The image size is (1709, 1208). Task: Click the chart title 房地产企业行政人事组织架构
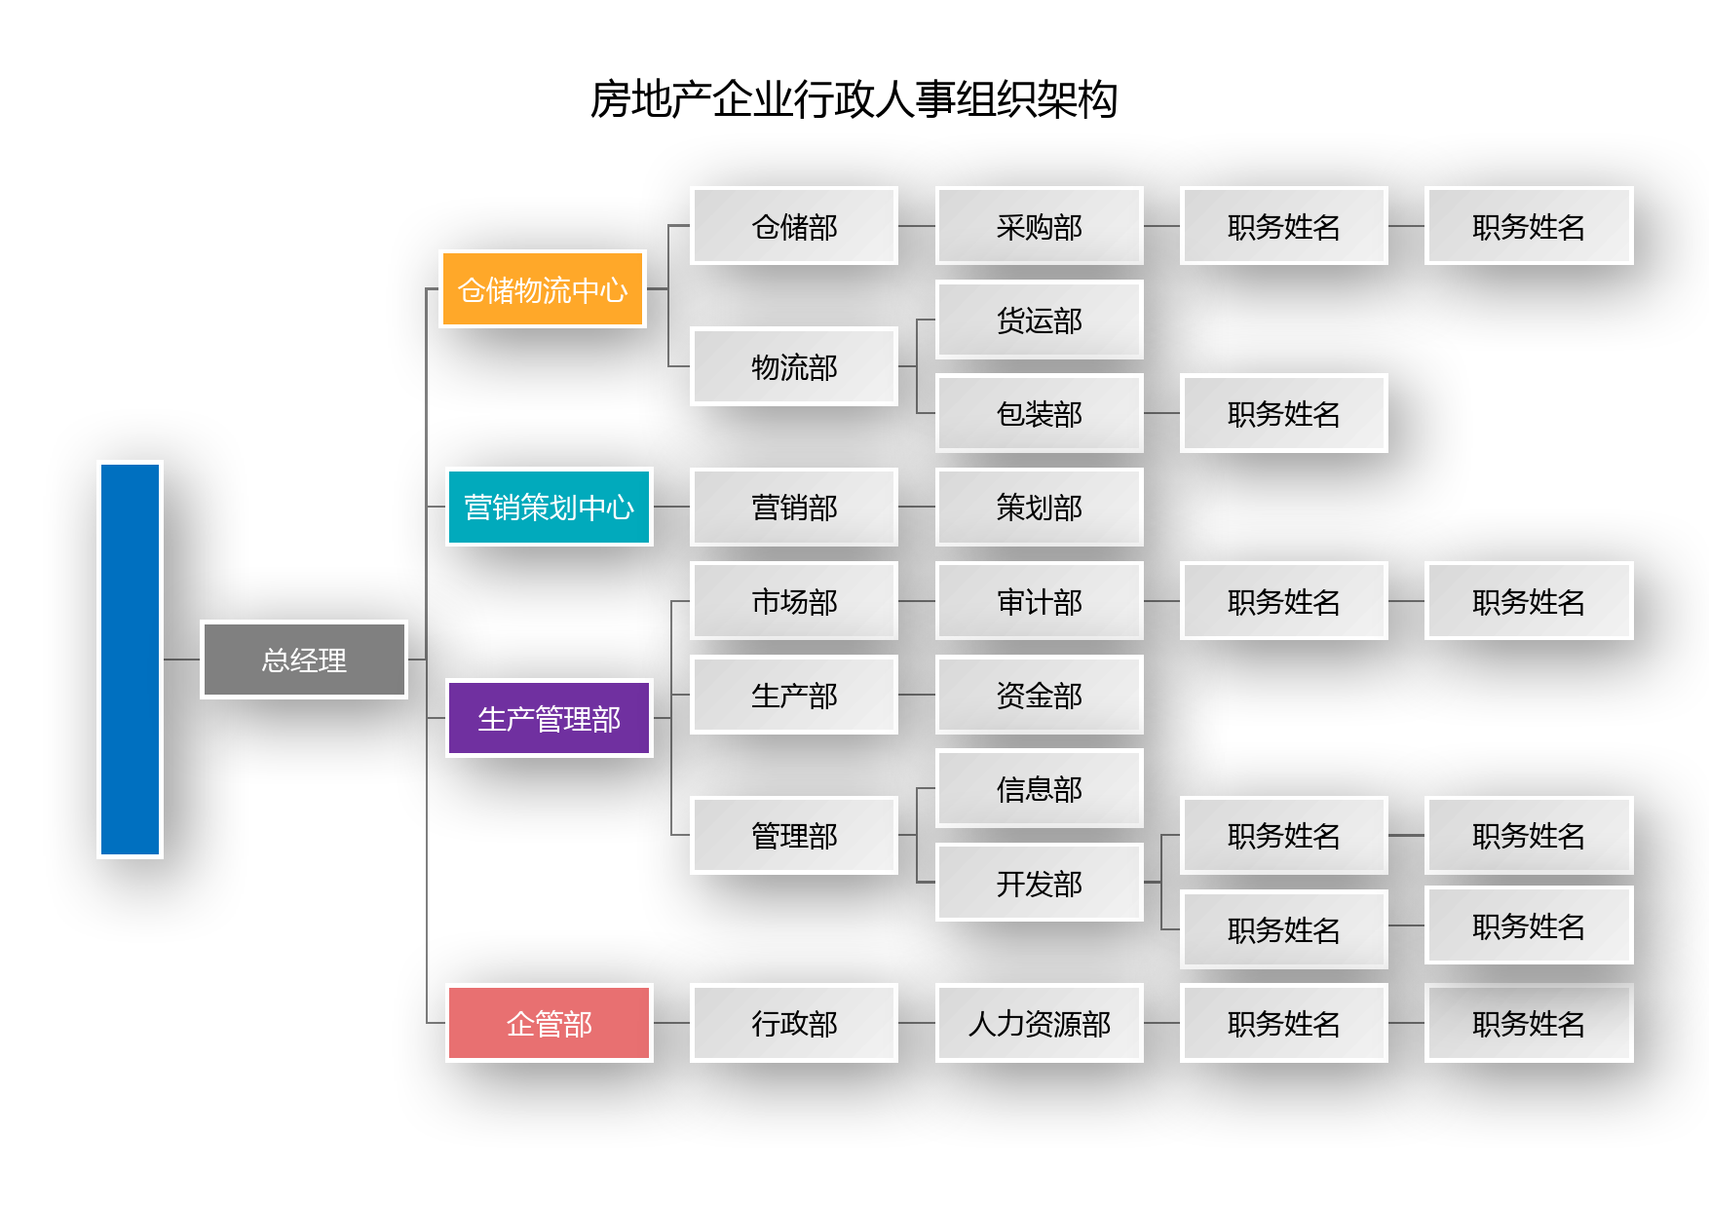tap(854, 99)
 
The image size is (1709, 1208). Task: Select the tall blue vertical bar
tap(130, 659)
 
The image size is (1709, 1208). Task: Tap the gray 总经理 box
tap(304, 660)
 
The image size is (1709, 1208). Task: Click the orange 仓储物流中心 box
tap(543, 289)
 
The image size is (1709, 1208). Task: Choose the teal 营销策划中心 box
tap(550, 507)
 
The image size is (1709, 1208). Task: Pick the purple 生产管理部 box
tap(550, 718)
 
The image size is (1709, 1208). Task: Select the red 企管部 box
tap(550, 1023)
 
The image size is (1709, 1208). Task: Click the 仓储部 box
tap(794, 226)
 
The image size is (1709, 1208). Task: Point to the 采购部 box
tap(1040, 226)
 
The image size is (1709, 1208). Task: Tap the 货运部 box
tap(1040, 320)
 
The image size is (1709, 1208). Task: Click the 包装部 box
tap(1040, 413)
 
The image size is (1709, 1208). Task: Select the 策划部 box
tap(1040, 507)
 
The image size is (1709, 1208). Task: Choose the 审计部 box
tap(1040, 601)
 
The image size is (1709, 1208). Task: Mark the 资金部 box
tap(1040, 695)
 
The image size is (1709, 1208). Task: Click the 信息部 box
tap(1040, 788)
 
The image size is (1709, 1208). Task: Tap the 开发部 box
tap(1040, 883)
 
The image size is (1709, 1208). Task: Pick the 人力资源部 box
tap(1040, 1023)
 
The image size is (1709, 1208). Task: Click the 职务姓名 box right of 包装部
tap(1284, 413)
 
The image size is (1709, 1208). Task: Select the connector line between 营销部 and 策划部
tap(917, 507)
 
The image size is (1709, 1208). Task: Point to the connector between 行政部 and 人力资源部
tap(917, 1023)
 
